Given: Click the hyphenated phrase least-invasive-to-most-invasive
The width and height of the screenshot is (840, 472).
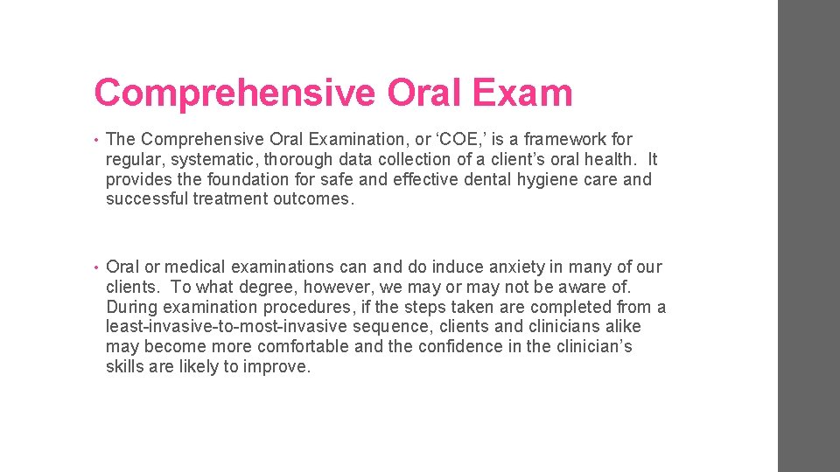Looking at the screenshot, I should point(225,327).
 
